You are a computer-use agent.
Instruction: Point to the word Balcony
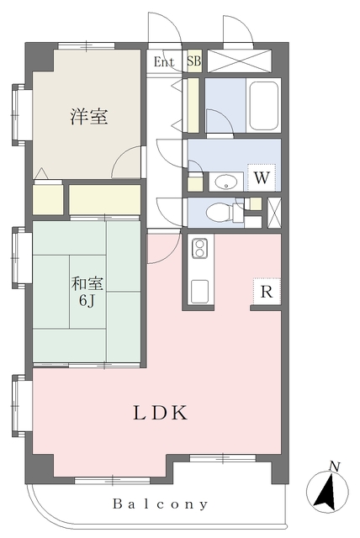pos(160,504)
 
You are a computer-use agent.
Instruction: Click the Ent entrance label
pos(164,61)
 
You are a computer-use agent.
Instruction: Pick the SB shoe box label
pos(193,61)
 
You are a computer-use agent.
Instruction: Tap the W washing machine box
pos(262,177)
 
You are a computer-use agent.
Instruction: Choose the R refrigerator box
pos(266,293)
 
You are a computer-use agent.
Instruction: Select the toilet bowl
pos(220,211)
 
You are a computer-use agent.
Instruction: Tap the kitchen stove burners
pos(200,248)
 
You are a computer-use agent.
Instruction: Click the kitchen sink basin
pos(200,291)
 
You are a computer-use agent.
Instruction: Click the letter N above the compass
pos(334,466)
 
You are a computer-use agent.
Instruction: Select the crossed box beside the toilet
pos(273,211)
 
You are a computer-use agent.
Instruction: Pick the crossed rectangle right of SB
pos(240,61)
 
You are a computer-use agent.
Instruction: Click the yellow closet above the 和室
pos(104,199)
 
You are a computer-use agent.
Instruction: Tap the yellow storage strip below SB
pos(193,105)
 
